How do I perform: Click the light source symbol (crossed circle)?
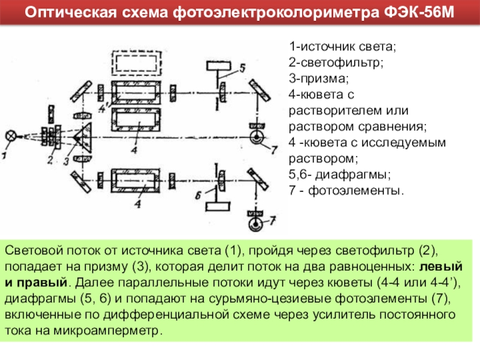10,136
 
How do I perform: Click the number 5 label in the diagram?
242,68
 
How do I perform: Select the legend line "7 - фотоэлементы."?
347,191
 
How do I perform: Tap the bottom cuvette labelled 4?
137,180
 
